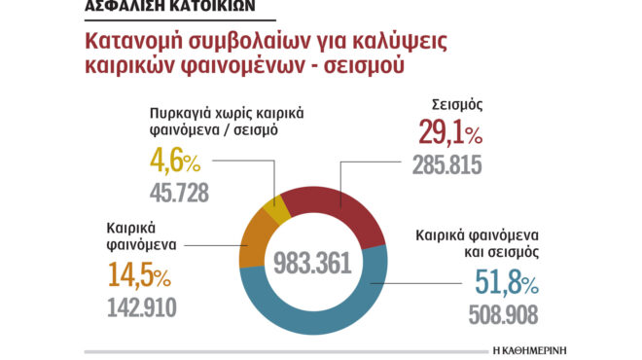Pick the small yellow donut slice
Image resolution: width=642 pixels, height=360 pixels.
click(277, 205)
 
